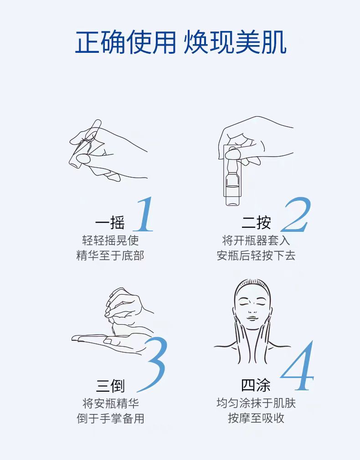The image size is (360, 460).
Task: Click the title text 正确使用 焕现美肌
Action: (x=180, y=43)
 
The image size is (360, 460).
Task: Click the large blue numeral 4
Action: (x=298, y=367)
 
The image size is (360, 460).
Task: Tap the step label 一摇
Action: (x=110, y=223)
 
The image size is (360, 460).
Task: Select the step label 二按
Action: (x=256, y=223)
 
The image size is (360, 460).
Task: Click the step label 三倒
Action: (x=110, y=386)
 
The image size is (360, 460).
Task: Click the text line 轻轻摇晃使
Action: (x=110, y=240)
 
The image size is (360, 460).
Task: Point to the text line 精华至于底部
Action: (x=110, y=256)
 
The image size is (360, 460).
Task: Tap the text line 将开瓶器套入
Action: (x=256, y=240)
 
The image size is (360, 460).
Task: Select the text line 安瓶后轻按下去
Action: (x=256, y=256)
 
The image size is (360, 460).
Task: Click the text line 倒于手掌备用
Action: (x=110, y=418)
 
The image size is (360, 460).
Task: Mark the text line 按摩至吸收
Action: (x=256, y=418)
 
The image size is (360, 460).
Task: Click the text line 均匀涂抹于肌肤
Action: (x=256, y=403)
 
